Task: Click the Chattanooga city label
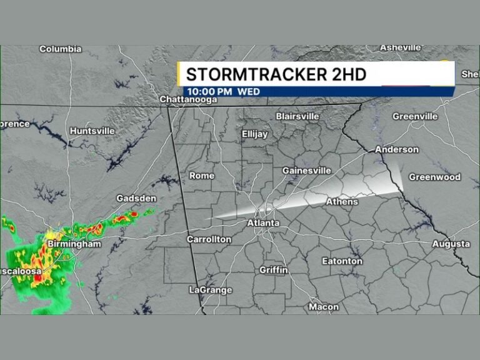coord(188,99)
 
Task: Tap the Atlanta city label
coord(263,223)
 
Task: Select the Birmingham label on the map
coord(74,244)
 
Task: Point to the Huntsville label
coord(92,131)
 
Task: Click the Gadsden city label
coord(136,199)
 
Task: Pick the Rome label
coord(201,176)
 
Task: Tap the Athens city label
coord(342,202)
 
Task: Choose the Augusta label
coord(451,244)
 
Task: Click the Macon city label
coord(324,307)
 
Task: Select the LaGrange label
coord(210,290)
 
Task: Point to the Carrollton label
coord(209,239)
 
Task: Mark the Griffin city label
coord(274,270)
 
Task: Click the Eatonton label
coord(342,261)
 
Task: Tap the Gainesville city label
coord(306,171)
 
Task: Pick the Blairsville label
coord(297,116)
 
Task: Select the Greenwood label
coord(434,177)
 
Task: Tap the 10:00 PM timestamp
coord(209,91)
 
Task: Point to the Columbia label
coord(61,49)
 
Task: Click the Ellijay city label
coord(254,134)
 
